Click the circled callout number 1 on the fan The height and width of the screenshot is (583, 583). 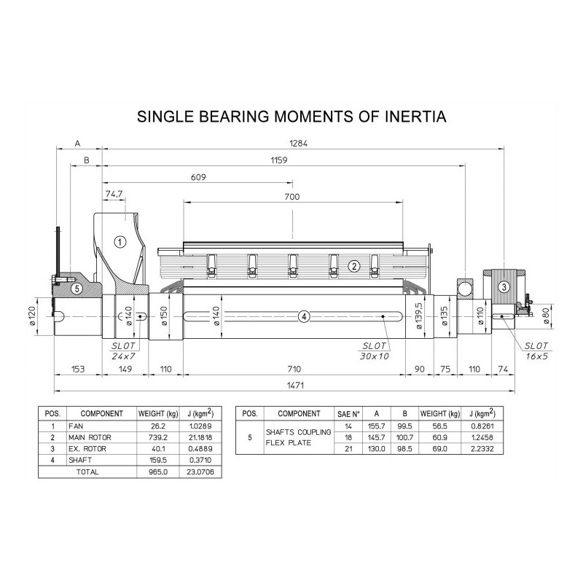[x=120, y=242]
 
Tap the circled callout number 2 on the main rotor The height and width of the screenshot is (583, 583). [x=354, y=266]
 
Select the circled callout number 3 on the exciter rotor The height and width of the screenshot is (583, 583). [x=504, y=286]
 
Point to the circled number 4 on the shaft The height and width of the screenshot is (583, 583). [x=304, y=317]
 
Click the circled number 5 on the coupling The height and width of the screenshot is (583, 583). [x=77, y=288]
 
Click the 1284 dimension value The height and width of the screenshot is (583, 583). [x=299, y=144]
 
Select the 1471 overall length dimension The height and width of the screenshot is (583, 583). [x=296, y=386]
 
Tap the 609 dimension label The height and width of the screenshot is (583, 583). [x=198, y=177]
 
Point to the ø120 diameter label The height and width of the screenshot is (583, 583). [x=32, y=316]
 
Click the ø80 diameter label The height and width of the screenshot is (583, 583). [x=546, y=316]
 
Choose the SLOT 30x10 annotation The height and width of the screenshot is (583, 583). [x=375, y=351]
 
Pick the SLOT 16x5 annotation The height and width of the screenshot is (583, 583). [x=536, y=351]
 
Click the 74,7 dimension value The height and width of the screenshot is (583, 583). [x=114, y=194]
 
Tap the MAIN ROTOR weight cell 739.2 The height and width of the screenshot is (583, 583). [x=158, y=438]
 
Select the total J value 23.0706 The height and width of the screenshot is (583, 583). [x=200, y=472]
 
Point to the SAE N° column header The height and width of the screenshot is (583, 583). [x=348, y=414]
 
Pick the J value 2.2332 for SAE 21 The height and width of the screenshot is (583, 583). [x=482, y=449]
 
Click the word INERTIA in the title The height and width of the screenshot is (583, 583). [x=415, y=117]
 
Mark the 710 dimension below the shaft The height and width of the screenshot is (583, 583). [x=294, y=369]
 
